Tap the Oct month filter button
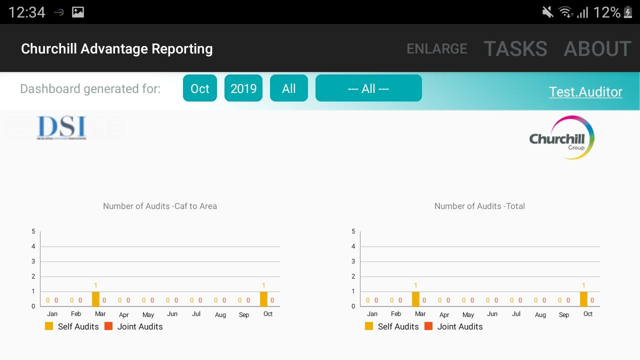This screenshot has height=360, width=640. pyautogui.click(x=200, y=88)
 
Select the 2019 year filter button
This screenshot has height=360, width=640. pyautogui.click(x=243, y=88)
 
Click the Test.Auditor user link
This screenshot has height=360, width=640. pyautogui.click(x=585, y=92)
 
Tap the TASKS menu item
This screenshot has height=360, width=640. pyautogui.click(x=515, y=49)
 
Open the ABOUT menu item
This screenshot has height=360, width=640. pyautogui.click(x=597, y=49)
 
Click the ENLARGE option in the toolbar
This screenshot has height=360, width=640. pyautogui.click(x=436, y=49)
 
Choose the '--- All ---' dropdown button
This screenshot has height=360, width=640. pyautogui.click(x=368, y=88)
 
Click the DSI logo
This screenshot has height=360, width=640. pyautogui.click(x=62, y=128)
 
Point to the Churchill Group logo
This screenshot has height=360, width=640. pyautogui.click(x=561, y=138)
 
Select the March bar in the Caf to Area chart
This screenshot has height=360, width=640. pyautogui.click(x=95, y=299)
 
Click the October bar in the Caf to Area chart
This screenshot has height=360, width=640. pyautogui.click(x=263, y=299)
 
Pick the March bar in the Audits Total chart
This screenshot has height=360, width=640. pyautogui.click(x=415, y=299)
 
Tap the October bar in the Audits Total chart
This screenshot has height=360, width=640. pyautogui.click(x=583, y=299)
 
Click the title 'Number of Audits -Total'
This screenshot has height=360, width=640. pyautogui.click(x=479, y=206)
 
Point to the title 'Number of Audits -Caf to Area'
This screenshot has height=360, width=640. pyautogui.click(x=160, y=206)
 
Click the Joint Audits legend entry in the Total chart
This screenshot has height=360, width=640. pyautogui.click(x=454, y=326)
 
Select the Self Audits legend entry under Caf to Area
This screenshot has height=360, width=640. pyautogui.click(x=72, y=326)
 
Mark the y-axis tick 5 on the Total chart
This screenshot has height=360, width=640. pyautogui.click(x=353, y=231)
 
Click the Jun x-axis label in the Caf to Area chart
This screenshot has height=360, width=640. pyautogui.click(x=172, y=314)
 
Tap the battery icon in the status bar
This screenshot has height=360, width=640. pyautogui.click(x=628, y=12)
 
